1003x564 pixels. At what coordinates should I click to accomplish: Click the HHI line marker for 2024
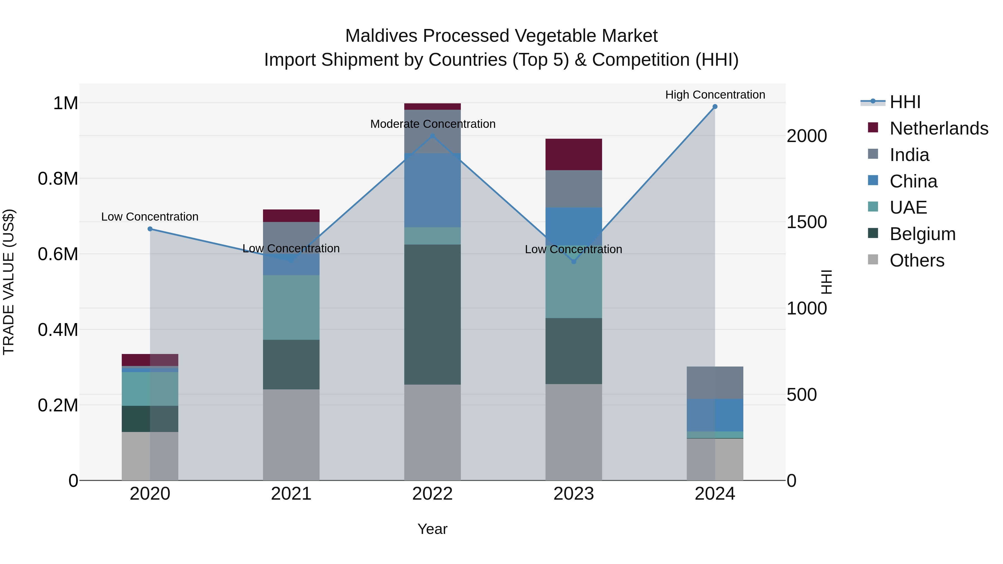point(715,107)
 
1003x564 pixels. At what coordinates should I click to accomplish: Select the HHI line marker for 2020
point(150,229)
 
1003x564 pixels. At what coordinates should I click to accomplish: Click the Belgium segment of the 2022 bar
point(432,314)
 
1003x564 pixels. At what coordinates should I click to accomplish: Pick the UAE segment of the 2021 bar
point(291,307)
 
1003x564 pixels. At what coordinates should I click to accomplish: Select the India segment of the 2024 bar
point(715,383)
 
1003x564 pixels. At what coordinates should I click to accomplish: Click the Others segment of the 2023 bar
point(574,432)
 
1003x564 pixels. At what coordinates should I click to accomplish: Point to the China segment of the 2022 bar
point(432,190)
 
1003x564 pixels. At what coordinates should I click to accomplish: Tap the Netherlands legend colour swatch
point(873,128)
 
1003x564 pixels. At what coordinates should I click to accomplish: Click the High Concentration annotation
point(715,95)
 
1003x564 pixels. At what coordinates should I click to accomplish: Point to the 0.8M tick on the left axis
point(58,179)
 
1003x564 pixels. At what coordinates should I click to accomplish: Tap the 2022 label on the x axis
point(432,494)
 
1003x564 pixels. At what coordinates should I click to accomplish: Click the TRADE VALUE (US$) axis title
point(9,282)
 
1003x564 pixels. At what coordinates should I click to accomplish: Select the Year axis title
point(432,529)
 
